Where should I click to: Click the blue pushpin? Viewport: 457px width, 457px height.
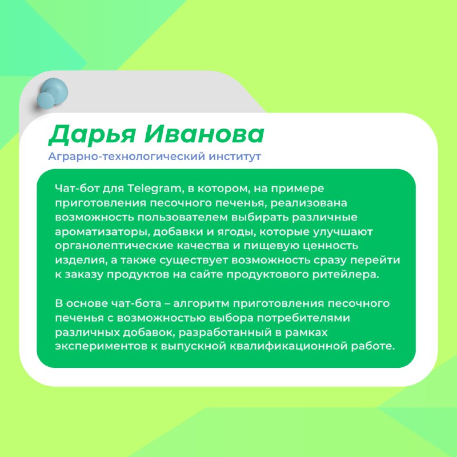pyautogui.click(x=53, y=93)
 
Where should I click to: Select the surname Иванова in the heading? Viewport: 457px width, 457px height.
pyautogui.click(x=205, y=134)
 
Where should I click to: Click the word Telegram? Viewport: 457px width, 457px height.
pyautogui.click(x=155, y=189)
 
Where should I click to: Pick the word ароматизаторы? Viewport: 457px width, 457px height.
pyautogui.click(x=102, y=232)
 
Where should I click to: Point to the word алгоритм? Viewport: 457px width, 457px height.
pyautogui.click(x=201, y=303)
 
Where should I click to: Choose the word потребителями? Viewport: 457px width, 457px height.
pyautogui.click(x=303, y=318)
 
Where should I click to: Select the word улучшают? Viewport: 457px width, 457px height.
pyautogui.click(x=342, y=232)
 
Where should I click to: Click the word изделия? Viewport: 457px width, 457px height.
pyautogui.click(x=79, y=260)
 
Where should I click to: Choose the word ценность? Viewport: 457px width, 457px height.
pyautogui.click(x=330, y=246)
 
